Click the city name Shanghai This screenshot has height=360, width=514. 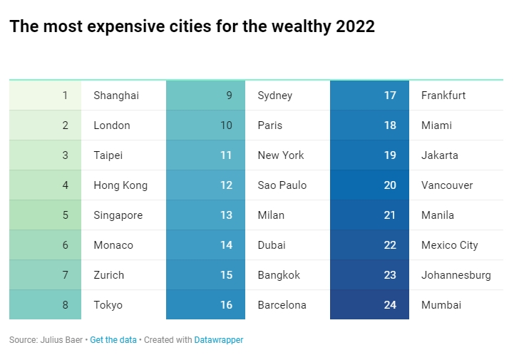point(116,96)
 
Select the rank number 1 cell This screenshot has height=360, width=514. point(46,96)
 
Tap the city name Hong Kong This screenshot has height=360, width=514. point(120,185)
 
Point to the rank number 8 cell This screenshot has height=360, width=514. point(46,305)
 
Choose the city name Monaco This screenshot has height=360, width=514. point(113,245)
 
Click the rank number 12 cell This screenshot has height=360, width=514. point(206,185)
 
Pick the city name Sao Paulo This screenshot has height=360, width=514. point(282,185)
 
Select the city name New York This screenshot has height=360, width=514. point(281,155)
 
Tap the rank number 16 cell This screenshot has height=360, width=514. point(206,305)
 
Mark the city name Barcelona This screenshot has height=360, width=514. point(282,305)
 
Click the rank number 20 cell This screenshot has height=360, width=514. point(370,185)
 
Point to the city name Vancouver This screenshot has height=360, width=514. point(447,185)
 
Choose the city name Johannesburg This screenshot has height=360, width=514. point(456,275)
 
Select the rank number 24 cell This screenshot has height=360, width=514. point(370,305)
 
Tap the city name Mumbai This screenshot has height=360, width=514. point(441,305)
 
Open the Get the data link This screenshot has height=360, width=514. point(113,340)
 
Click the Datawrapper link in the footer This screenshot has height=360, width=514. point(219,340)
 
